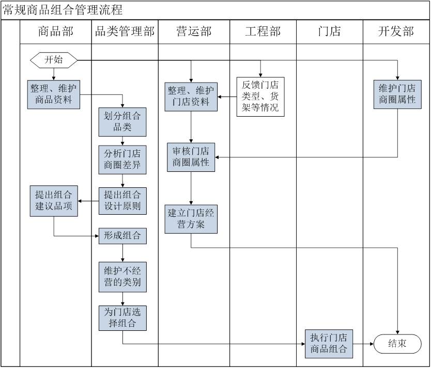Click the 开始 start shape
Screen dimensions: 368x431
click(54, 60)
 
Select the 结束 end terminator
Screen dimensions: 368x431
click(396, 344)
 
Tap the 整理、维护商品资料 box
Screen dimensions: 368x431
click(54, 94)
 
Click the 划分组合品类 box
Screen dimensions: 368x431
click(122, 121)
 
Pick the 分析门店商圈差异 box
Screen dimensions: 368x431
click(122, 160)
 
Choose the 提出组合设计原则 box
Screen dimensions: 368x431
click(122, 201)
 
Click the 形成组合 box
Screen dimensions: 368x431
click(122, 236)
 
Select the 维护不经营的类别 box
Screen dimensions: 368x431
click(122, 277)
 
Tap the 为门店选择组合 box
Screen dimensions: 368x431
click(122, 318)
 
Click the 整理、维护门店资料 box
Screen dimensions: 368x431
click(191, 97)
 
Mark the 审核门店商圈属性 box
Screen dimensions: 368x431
click(191, 157)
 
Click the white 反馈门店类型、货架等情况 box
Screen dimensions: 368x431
click(260, 97)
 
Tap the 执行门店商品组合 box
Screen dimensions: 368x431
click(329, 344)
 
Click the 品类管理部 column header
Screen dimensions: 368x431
click(125, 32)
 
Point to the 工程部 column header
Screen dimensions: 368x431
click(263, 32)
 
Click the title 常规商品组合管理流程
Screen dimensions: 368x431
click(63, 10)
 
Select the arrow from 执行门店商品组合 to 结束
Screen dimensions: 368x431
click(363, 344)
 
